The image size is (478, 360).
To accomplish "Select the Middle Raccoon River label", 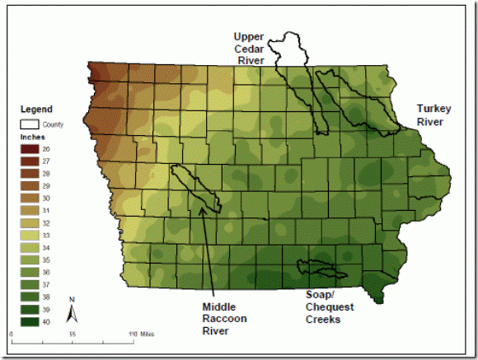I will tap(224, 319).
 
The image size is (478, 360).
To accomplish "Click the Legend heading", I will tap(36, 109).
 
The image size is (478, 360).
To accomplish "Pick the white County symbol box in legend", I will tap(29, 124).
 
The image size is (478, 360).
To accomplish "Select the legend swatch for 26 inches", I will tap(29, 149).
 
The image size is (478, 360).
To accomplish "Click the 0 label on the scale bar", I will tap(11, 334).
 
